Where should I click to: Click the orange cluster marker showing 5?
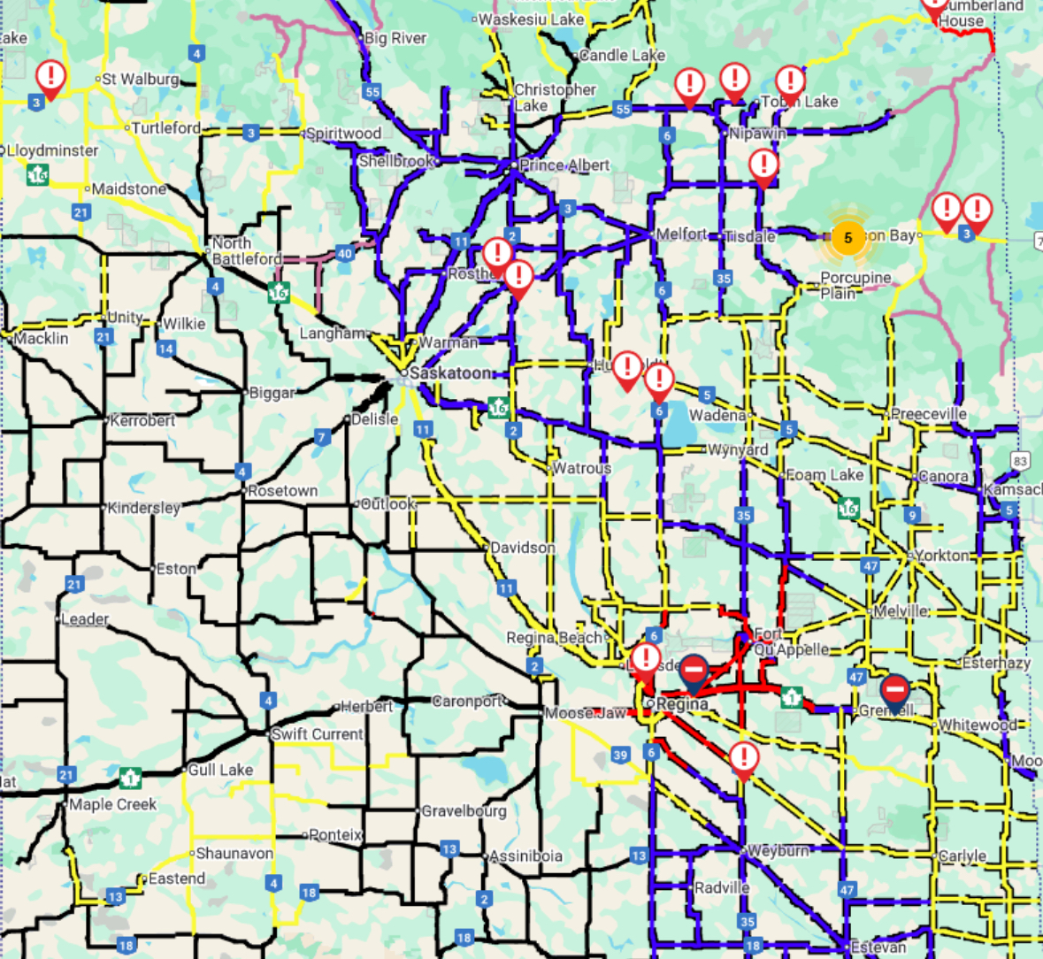pos(847,238)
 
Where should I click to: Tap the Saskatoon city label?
pos(450,373)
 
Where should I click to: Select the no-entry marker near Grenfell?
pos(894,689)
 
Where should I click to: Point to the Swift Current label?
pos(317,734)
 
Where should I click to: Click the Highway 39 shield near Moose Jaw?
pos(620,755)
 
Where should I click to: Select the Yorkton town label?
pos(942,556)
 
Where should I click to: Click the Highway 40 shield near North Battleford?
pos(344,254)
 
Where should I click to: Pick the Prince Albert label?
pos(564,165)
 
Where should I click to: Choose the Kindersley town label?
pos(143,508)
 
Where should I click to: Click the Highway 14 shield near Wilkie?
pos(165,349)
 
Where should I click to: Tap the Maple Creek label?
pos(112,804)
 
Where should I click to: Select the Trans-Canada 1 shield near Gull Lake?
pos(130,779)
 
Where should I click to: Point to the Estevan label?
pos(878,947)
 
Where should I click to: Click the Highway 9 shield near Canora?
pos(912,515)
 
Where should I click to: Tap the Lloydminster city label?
pos(53,150)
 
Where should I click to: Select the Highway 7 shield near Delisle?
pos(323,437)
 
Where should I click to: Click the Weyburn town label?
pos(778,850)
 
